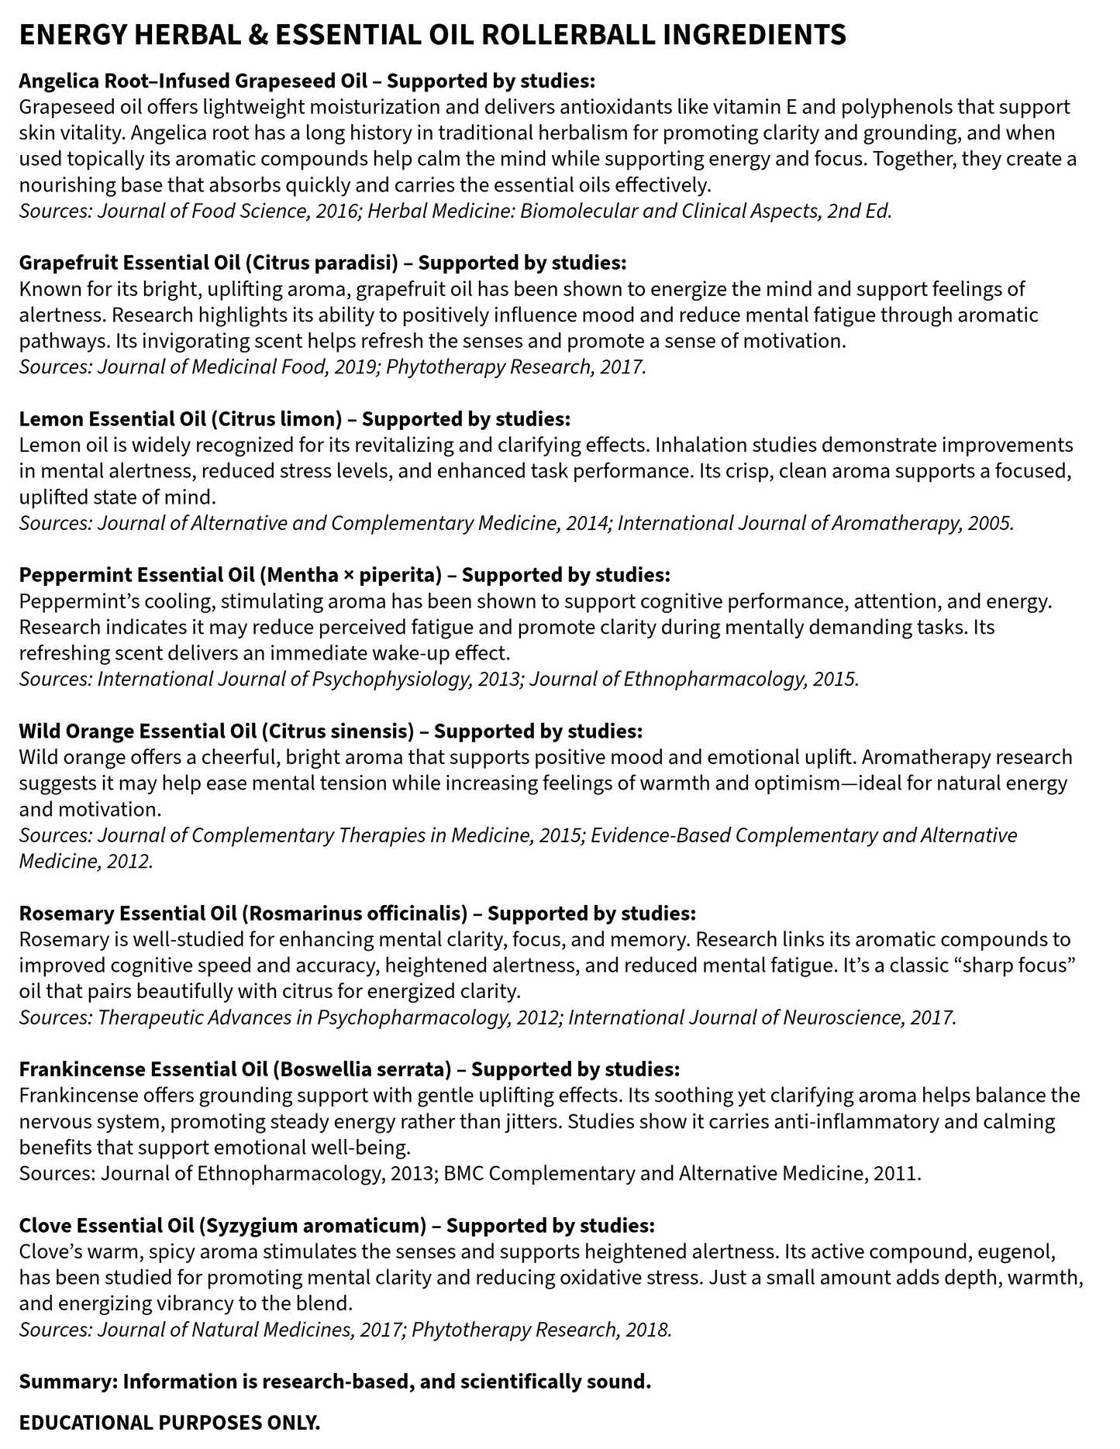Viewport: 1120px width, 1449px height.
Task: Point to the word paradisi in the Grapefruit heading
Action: coord(350,263)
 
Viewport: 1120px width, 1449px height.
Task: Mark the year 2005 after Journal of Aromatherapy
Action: coord(990,523)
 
